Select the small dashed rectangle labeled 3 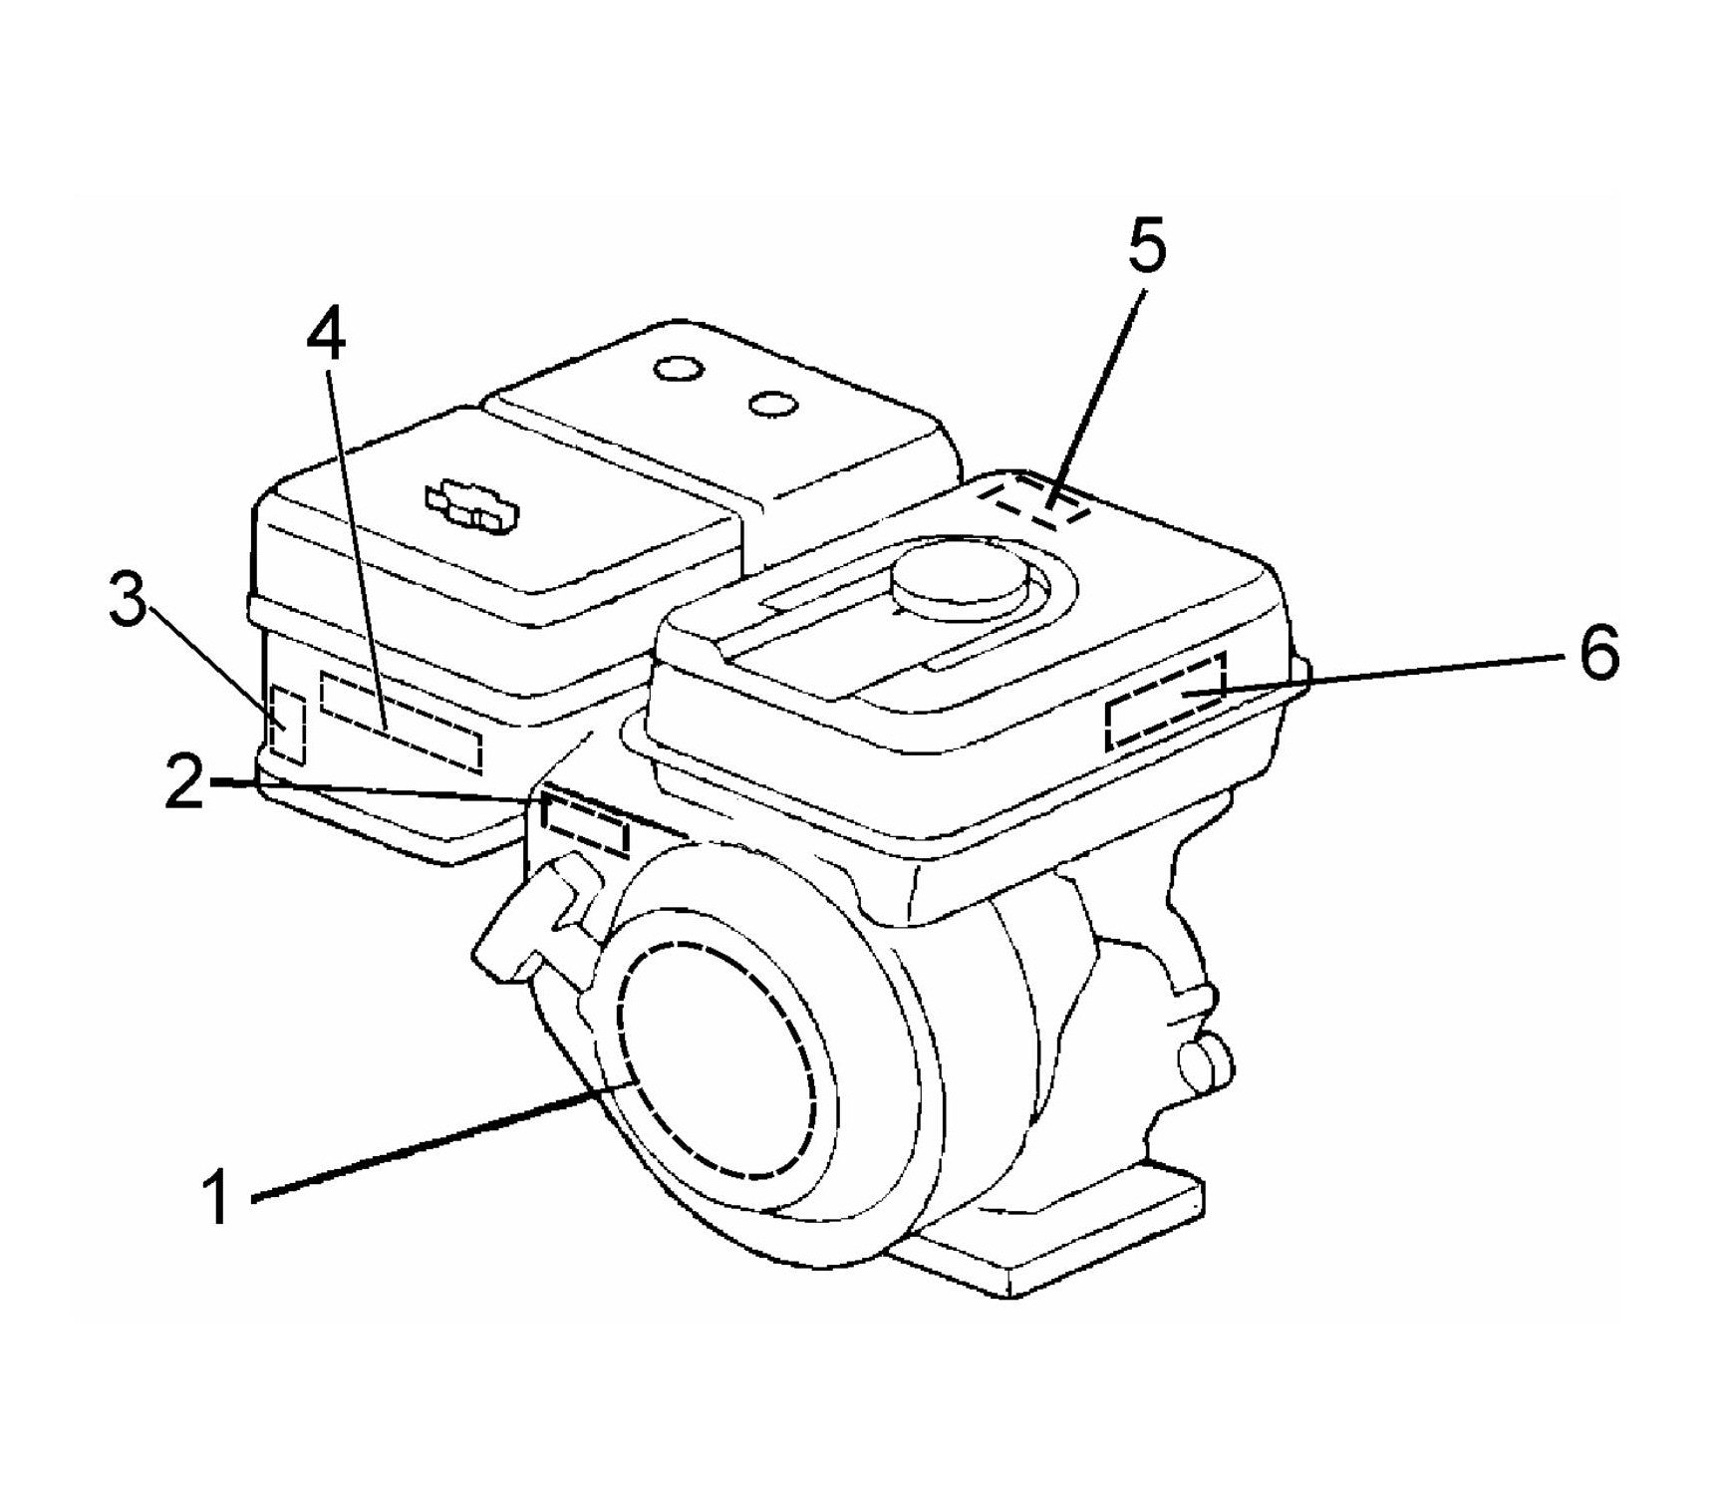coord(288,724)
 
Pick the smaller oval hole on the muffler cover coord(774,404)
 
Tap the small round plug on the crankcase coord(1205,1061)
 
